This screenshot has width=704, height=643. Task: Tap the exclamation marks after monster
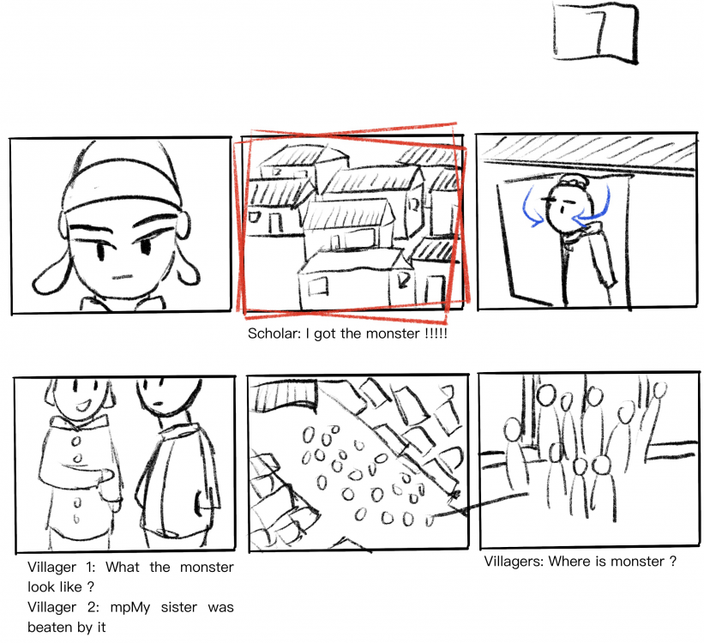tap(436, 334)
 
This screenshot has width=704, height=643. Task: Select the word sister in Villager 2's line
tap(178, 607)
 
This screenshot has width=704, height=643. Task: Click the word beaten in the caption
tap(51, 627)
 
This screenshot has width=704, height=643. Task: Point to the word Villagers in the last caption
tap(514, 562)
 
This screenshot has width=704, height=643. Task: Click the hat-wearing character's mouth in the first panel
tap(122, 277)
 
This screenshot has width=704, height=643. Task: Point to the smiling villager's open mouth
tap(83, 406)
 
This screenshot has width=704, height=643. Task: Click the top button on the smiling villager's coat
tap(76, 441)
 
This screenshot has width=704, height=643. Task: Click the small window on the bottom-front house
tap(318, 286)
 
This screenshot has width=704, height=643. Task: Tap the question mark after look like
tap(90, 587)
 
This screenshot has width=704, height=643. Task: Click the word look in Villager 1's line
tap(40, 587)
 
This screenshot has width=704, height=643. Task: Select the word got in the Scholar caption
tap(325, 334)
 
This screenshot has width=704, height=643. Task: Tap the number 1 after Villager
tap(90, 567)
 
